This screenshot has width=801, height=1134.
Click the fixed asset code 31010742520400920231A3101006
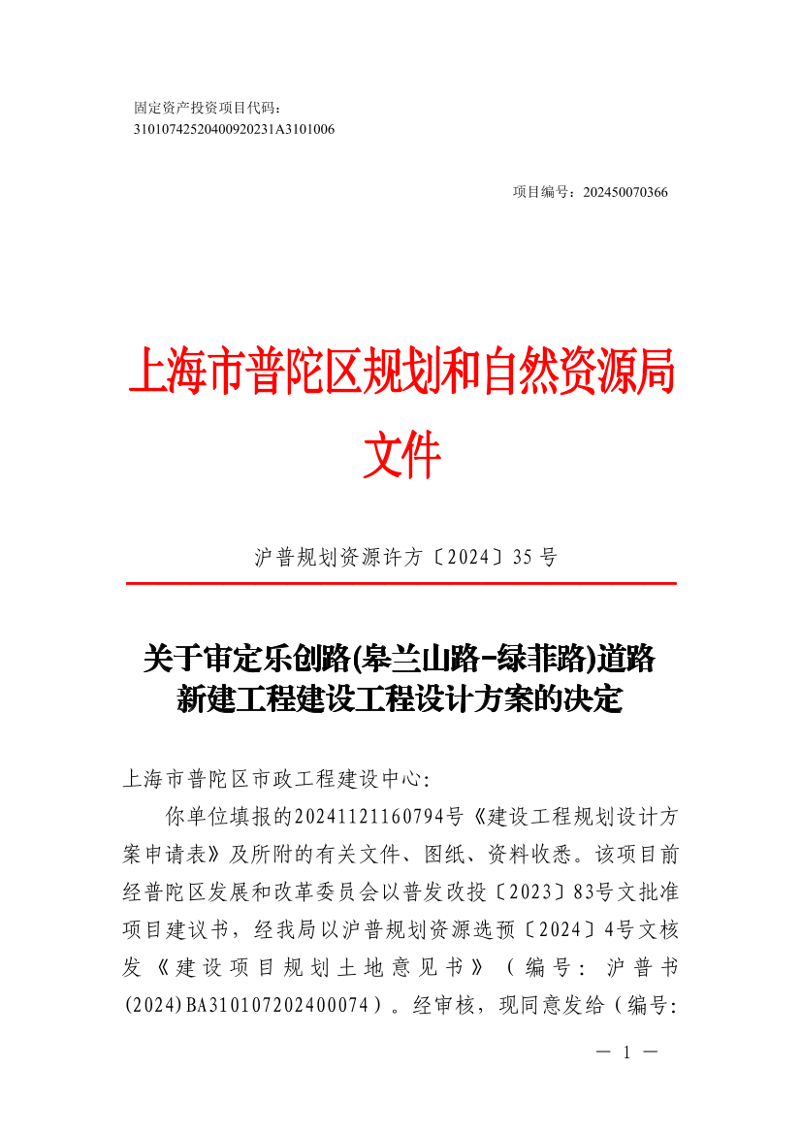(x=234, y=128)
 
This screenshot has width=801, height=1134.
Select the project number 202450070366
(x=625, y=192)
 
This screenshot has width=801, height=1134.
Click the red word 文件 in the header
(x=401, y=454)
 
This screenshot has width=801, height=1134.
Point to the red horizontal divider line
(x=400, y=583)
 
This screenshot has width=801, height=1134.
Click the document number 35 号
(x=532, y=557)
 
